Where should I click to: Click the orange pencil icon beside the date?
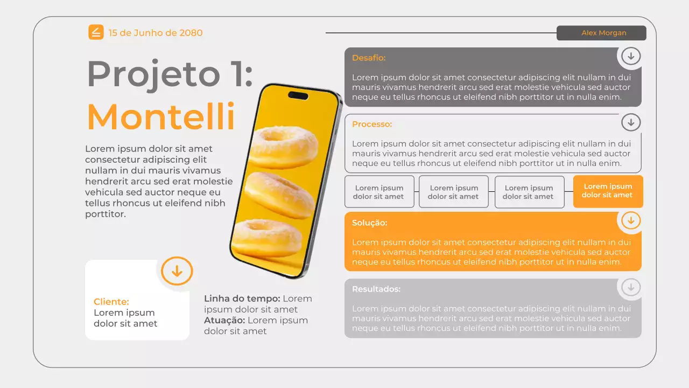[x=96, y=32]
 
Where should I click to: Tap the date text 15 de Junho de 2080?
[x=156, y=33]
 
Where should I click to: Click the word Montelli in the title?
[x=161, y=116]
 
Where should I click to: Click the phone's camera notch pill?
[x=298, y=95]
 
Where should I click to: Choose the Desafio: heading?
[x=369, y=58]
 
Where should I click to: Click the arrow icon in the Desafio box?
[x=631, y=56]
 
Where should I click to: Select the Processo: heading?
[x=372, y=124]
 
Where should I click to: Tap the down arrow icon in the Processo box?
[x=631, y=122]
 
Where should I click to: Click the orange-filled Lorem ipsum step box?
[x=608, y=191]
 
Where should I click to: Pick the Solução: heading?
[x=369, y=223]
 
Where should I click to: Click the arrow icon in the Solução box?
[x=631, y=220]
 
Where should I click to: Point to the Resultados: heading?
[x=376, y=289]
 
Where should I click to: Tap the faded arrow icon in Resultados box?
[x=631, y=287]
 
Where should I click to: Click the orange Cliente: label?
[x=111, y=302]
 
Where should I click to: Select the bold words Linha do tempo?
[x=242, y=299]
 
